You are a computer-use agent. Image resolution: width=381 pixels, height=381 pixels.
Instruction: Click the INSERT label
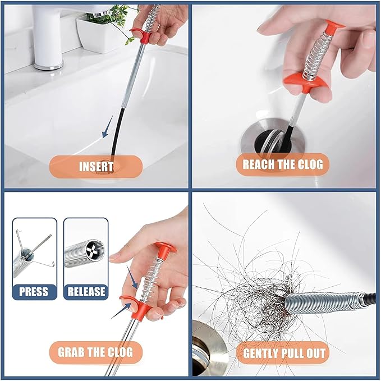(96, 166)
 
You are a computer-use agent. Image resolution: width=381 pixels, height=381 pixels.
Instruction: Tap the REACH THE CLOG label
(282, 165)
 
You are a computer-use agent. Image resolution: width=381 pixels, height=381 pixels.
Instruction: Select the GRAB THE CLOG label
(95, 352)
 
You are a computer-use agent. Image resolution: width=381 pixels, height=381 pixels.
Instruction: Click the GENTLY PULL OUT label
(283, 353)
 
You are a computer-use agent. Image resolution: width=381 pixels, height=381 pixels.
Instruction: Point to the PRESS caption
(34, 291)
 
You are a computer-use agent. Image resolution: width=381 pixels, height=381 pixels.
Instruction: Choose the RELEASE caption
(86, 291)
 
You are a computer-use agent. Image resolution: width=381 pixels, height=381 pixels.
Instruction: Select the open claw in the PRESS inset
(34, 247)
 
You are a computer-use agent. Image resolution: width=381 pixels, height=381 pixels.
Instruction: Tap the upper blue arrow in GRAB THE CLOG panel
(134, 275)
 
